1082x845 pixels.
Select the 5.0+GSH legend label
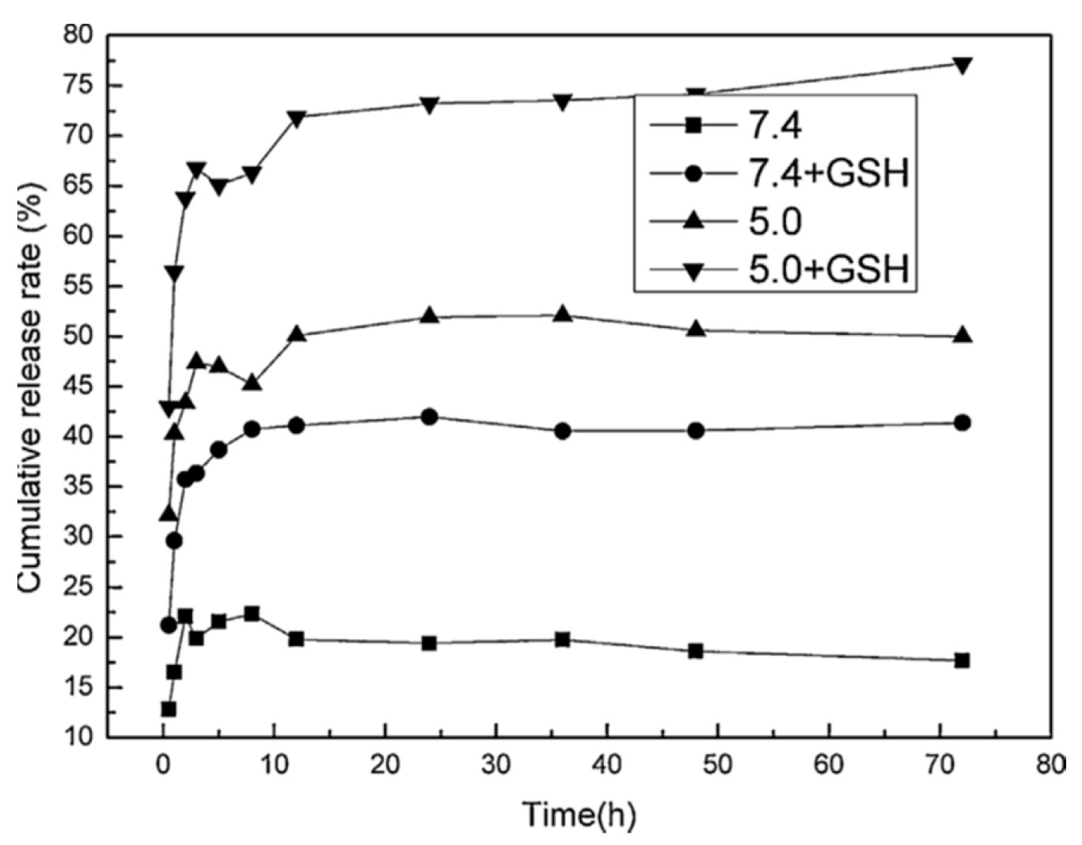click(x=827, y=270)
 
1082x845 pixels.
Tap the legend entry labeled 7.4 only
click(x=775, y=125)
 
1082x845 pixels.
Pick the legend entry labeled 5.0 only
click(x=775, y=222)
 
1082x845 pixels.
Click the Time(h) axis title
click(x=579, y=815)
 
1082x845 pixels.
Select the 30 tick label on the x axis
click(x=495, y=765)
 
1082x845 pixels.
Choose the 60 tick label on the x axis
click(x=829, y=765)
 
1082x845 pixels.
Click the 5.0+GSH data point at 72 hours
click(x=962, y=65)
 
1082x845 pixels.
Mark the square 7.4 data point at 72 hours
click(x=962, y=660)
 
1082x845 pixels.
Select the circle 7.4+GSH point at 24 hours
click(x=429, y=417)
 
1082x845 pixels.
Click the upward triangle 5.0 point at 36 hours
click(x=563, y=314)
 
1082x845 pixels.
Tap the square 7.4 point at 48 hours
click(x=696, y=651)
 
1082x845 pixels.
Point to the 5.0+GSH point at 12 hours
click(x=296, y=118)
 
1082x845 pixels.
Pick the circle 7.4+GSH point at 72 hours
click(x=962, y=423)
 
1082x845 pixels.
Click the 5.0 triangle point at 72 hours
click(x=962, y=335)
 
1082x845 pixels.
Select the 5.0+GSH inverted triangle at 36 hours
click(x=563, y=101)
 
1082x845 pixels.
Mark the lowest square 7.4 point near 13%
click(x=168, y=709)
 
